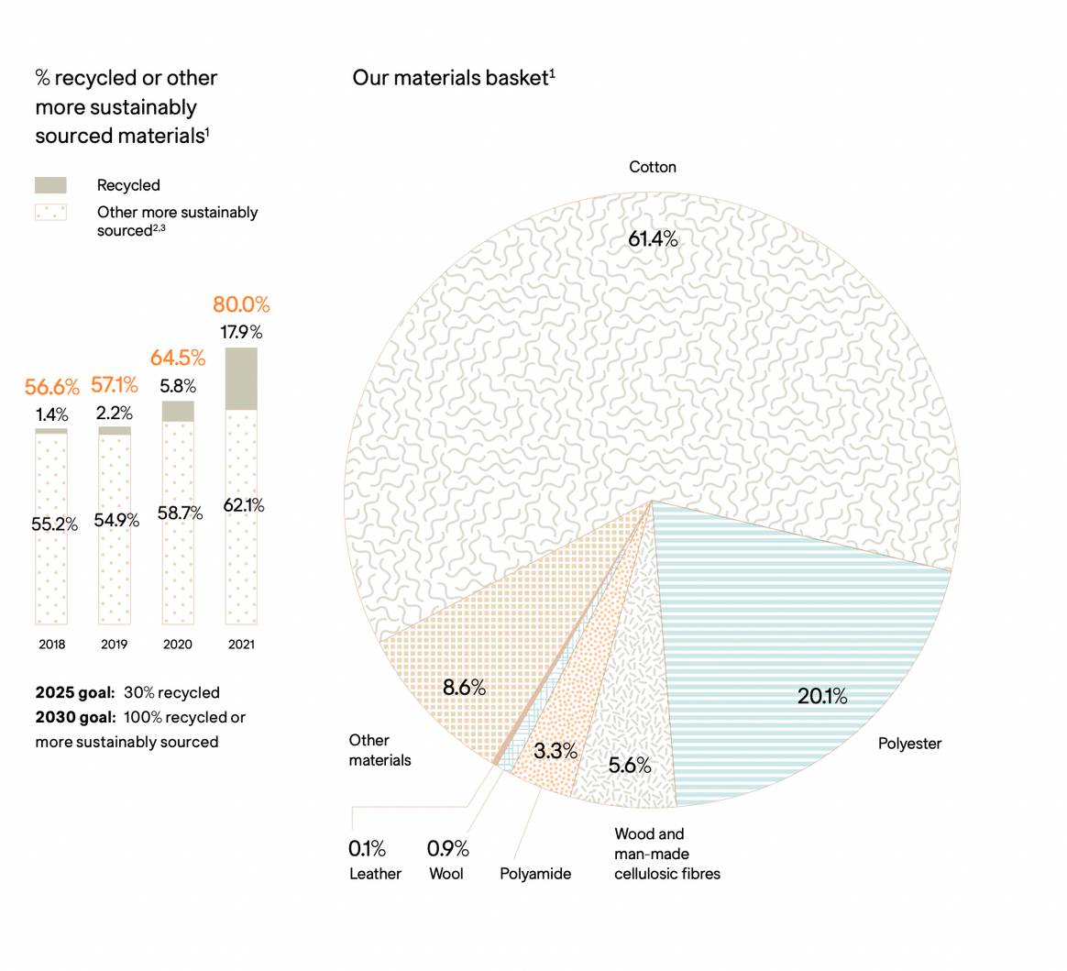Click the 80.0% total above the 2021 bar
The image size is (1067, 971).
pyautogui.click(x=241, y=304)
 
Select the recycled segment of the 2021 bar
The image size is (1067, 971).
pyautogui.click(x=241, y=378)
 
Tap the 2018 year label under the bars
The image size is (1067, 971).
pyautogui.click(x=52, y=645)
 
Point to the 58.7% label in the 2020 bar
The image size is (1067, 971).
pyautogui.click(x=180, y=513)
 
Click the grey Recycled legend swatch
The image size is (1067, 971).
pyautogui.click(x=50, y=185)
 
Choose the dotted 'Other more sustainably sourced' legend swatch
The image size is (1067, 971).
pyautogui.click(x=50, y=213)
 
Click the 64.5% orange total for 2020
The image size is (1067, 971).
pyautogui.click(x=178, y=358)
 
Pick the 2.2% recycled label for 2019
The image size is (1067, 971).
pyautogui.click(x=115, y=414)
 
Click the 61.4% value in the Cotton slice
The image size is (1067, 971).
pyautogui.click(x=653, y=239)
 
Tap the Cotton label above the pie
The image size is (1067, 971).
pyautogui.click(x=653, y=167)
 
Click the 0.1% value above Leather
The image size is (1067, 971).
pyautogui.click(x=367, y=849)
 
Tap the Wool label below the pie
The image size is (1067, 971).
pyautogui.click(x=446, y=874)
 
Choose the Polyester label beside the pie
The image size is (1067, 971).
pyautogui.click(x=909, y=744)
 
